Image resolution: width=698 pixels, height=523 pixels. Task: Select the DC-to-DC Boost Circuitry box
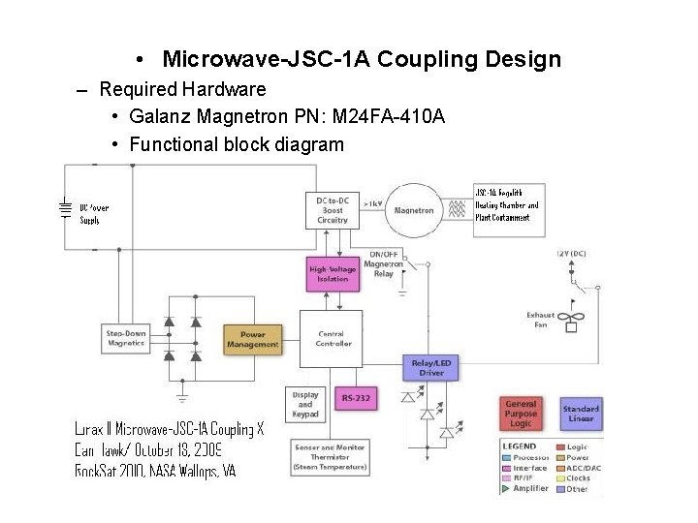pyautogui.click(x=332, y=210)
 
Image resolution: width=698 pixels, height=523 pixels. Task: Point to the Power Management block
pyautogui.click(x=252, y=339)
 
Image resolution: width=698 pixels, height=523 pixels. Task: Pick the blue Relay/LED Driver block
pyautogui.click(x=428, y=367)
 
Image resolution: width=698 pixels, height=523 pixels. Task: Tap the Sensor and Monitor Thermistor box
pyautogui.click(x=331, y=458)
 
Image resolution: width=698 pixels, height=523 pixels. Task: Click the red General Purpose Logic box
pyautogui.click(x=523, y=413)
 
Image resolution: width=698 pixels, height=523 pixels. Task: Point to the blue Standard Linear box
pyautogui.click(x=580, y=414)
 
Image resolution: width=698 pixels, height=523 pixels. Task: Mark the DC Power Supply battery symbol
pyautogui.click(x=64, y=210)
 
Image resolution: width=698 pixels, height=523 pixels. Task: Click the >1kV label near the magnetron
pyautogui.click(x=372, y=204)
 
